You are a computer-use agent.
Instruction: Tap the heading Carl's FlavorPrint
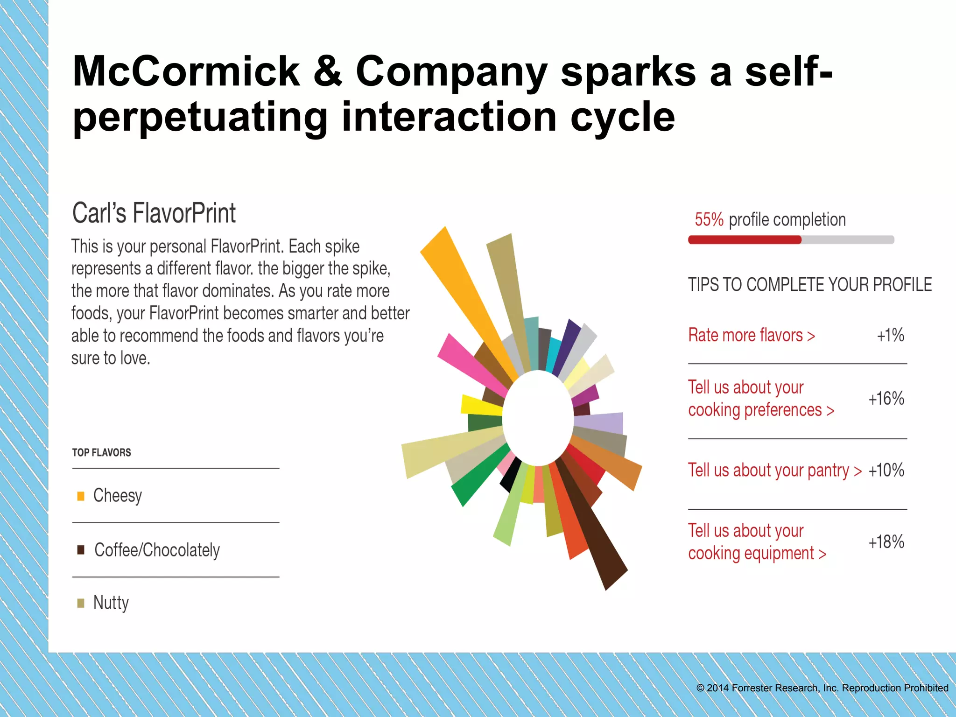154,213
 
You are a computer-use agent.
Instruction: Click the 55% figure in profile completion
709,219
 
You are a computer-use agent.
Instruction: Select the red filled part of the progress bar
745,240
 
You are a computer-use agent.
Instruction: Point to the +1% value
890,335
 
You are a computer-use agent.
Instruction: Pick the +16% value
886,399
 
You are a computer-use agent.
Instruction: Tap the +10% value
886,470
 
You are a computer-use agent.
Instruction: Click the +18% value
886,542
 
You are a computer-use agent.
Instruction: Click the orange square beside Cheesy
81,496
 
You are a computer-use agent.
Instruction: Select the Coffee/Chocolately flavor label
157,550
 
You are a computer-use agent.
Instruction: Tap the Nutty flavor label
111,603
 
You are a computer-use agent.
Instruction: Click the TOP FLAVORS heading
101,452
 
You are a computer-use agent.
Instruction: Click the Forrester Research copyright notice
822,688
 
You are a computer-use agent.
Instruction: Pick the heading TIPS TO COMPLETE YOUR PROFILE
810,285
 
